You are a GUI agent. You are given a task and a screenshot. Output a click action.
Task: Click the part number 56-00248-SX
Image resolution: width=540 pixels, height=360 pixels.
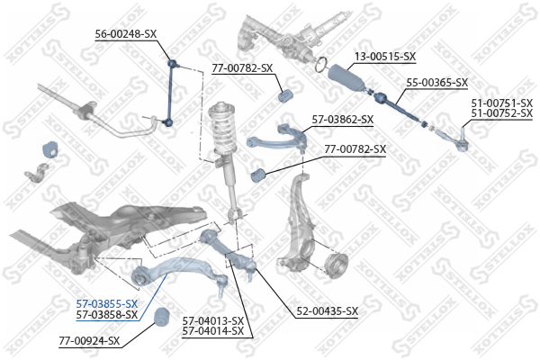tap(126, 34)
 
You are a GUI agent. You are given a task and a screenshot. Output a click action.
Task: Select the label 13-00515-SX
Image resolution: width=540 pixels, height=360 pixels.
tap(385, 56)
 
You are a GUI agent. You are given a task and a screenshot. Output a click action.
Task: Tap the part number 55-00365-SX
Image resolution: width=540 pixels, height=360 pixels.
tap(437, 82)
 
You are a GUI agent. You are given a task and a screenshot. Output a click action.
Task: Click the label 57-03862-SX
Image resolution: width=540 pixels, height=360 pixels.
tap(342, 120)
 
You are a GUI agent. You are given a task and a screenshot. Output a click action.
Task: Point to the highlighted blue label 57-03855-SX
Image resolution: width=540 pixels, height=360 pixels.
tap(107, 304)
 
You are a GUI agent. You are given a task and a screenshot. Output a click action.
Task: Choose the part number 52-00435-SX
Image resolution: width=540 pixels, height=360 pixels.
tap(328, 311)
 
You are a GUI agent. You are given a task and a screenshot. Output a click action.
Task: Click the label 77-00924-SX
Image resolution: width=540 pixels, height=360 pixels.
tap(89, 341)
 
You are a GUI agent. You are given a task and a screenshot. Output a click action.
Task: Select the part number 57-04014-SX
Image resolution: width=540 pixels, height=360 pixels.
tap(212, 331)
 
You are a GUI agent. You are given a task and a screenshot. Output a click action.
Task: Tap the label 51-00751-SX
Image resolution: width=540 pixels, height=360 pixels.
tap(502, 103)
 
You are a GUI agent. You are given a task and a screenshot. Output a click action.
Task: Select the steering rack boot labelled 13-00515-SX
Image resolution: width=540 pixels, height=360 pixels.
tap(346, 78)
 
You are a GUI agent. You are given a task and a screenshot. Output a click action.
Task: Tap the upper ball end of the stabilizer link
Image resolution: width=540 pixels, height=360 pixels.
tap(172, 63)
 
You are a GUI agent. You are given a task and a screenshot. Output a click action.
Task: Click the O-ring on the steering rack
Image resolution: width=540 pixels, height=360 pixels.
tap(321, 65)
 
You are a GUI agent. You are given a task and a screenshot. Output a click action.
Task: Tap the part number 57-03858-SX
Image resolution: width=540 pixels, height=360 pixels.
tap(107, 314)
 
